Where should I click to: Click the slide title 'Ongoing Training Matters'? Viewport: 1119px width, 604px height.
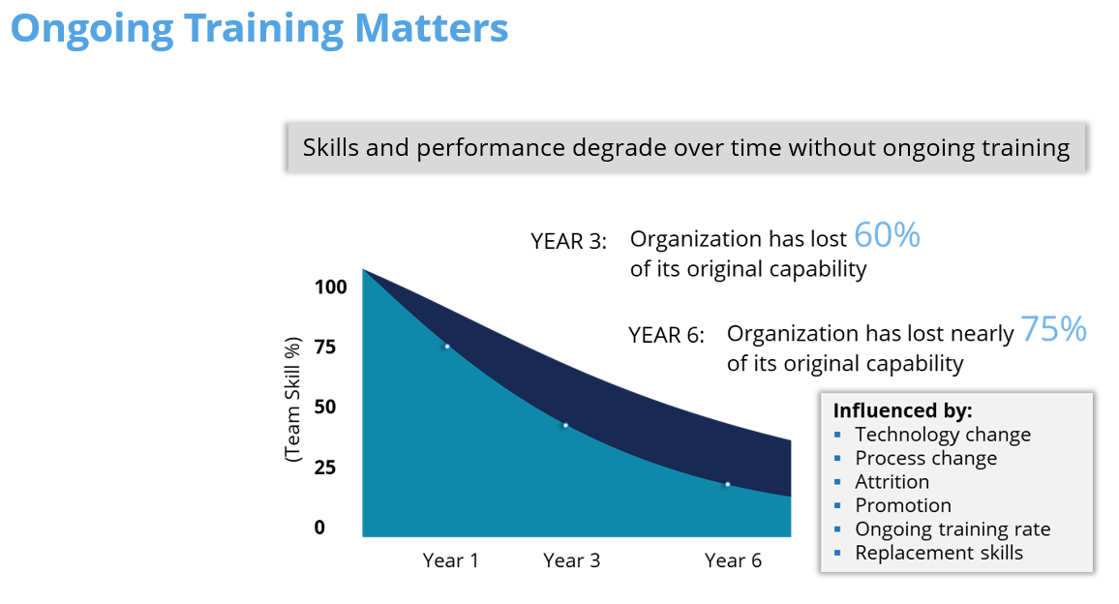[258, 28]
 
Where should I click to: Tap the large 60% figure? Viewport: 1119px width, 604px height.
[887, 235]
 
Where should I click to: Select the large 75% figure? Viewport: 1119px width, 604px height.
[1053, 330]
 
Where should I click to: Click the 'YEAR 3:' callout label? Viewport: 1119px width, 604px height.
[568, 241]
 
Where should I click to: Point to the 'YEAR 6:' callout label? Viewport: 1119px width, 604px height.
[666, 335]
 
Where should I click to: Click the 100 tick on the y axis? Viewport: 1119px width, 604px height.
[330, 287]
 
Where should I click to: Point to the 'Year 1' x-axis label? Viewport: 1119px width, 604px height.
[450, 560]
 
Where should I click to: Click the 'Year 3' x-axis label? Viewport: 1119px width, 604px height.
[571, 560]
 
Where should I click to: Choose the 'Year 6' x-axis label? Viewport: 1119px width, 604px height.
[733, 560]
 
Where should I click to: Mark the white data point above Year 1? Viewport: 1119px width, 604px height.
[447, 347]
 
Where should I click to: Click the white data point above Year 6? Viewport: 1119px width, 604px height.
[727, 484]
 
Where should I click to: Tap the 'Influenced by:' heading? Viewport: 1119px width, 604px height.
[902, 410]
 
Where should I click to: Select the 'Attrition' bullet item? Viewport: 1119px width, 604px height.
[892, 482]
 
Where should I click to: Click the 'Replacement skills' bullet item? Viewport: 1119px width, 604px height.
[938, 553]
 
